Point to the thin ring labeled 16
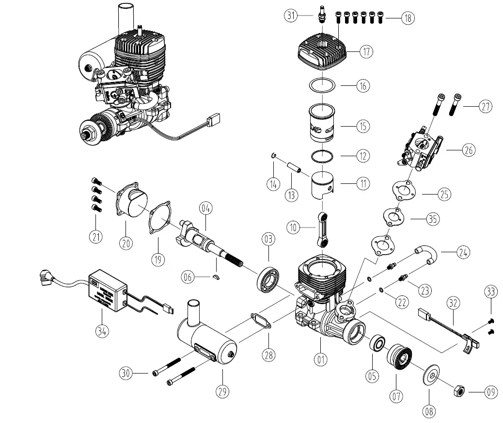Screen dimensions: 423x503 [322, 84]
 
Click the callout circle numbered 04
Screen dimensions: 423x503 [206, 210]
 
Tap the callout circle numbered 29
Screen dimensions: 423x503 [223, 390]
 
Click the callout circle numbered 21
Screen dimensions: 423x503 [96, 237]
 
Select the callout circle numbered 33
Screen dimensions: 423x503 [491, 292]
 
